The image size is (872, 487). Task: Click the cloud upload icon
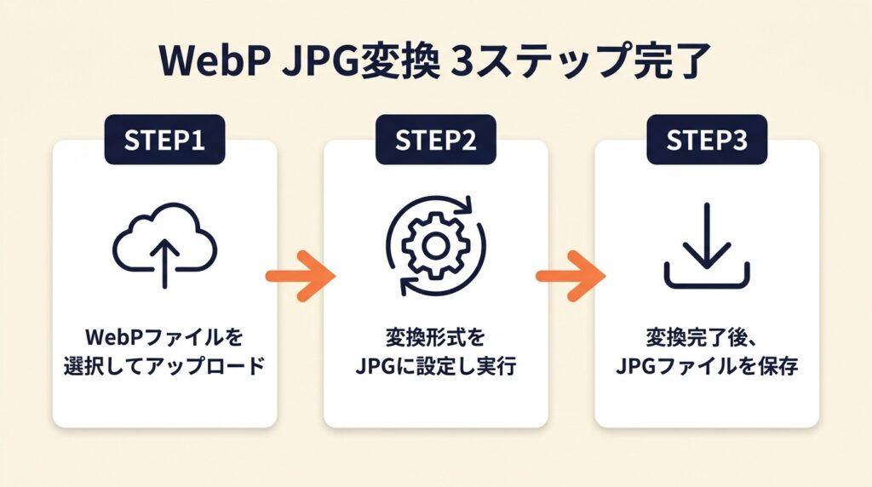pos(165,246)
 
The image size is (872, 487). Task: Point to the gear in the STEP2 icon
pos(435,247)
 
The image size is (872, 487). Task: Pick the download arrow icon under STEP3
pos(707,246)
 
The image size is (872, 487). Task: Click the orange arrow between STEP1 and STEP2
pos(301,276)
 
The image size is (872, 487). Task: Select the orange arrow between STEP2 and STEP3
pos(571,276)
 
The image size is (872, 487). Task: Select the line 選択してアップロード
pos(165,368)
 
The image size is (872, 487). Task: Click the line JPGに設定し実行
pos(435,368)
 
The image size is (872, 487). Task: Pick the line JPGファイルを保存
pos(706,368)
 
